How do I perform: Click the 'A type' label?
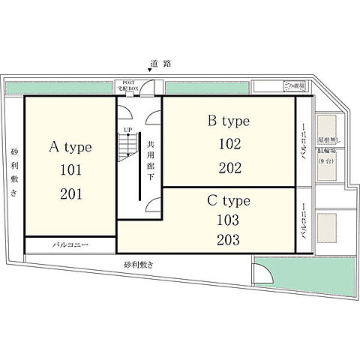[70, 145]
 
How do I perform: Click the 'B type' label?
[228, 120]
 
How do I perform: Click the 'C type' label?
[228, 201]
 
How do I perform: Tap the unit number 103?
[228, 220]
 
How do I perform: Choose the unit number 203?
[228, 241]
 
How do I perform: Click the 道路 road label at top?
[160, 63]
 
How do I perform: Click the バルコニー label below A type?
[70, 245]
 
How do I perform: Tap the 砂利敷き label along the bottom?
[139, 265]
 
